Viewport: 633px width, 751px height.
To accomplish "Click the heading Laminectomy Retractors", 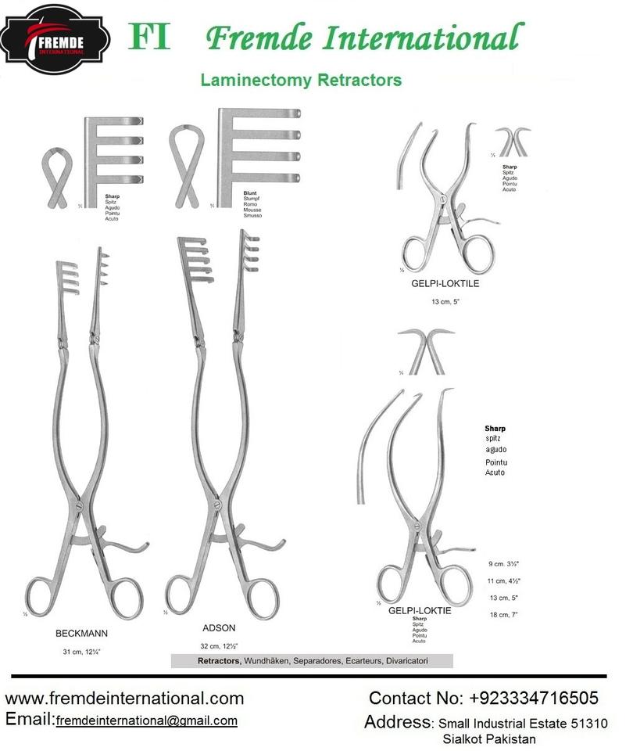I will coord(301,80).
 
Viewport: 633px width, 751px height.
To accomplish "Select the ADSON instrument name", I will coord(218,627).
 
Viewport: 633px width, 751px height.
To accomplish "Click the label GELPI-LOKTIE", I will coord(419,610).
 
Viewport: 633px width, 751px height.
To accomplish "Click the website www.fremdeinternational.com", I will coord(124,698).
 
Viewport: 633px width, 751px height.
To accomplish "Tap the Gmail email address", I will coord(146,720).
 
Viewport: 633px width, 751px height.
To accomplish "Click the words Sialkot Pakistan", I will coord(488,738).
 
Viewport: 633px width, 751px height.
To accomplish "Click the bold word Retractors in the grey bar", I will coord(219,661).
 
